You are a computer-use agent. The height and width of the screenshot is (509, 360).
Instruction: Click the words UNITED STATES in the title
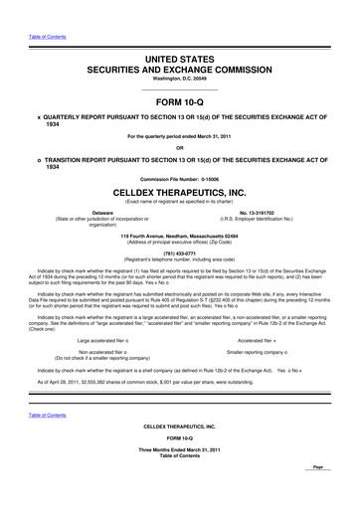click(181, 61)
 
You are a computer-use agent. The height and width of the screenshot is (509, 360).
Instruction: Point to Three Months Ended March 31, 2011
click(181, 476)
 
